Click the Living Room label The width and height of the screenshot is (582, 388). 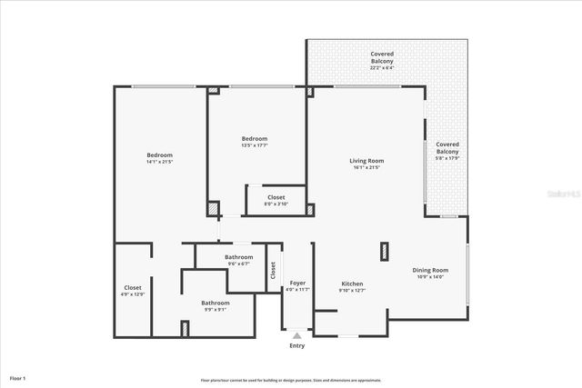coord(366,161)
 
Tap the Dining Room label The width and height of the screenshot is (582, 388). coord(430,270)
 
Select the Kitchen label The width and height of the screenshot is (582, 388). coord(352,284)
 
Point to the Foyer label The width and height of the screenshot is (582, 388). coord(297,284)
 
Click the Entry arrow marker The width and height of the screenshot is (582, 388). coord(296,336)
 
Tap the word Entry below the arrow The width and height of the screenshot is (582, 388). coord(297,345)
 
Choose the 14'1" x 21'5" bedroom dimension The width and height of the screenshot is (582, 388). coord(159,162)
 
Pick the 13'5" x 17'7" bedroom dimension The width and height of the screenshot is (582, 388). coord(254,145)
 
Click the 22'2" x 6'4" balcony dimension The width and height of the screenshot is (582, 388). coord(382,67)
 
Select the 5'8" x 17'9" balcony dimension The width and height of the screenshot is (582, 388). coord(447,157)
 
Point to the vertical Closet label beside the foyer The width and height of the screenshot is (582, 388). coord(273,272)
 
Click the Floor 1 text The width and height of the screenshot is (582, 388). coord(18,377)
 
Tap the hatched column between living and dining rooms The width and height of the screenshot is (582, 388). coord(385,252)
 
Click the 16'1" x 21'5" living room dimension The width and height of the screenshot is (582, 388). coord(366,167)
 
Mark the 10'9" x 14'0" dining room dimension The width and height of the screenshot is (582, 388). coord(430,276)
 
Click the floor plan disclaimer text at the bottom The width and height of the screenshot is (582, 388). coord(291,380)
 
